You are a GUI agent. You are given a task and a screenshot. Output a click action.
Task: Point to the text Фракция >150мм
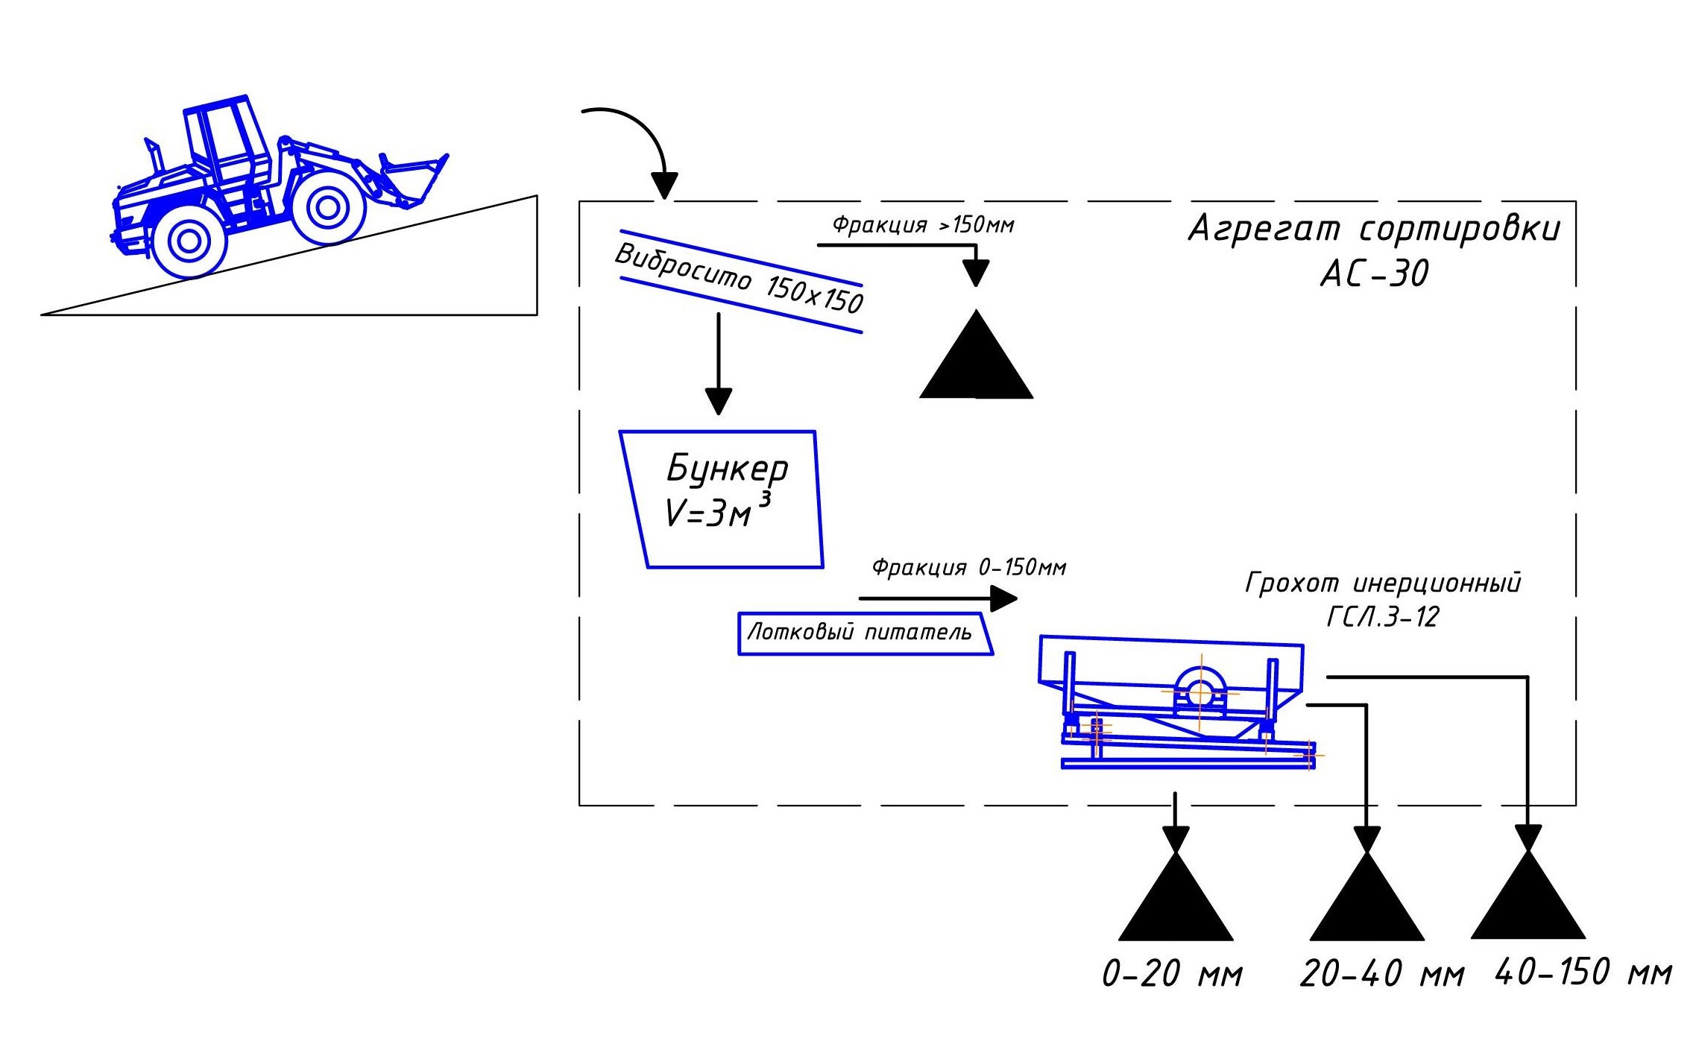click(x=923, y=224)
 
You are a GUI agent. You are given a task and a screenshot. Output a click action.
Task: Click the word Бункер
click(x=727, y=468)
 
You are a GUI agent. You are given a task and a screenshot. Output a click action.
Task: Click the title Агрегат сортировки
click(x=1374, y=228)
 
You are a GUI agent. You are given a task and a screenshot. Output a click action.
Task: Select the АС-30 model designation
click(x=1375, y=273)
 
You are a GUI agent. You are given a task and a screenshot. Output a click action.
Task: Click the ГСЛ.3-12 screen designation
click(x=1382, y=617)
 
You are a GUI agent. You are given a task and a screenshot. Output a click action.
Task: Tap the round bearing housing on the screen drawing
click(x=1200, y=691)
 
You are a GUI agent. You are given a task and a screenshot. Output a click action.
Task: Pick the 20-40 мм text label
click(x=1381, y=973)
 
